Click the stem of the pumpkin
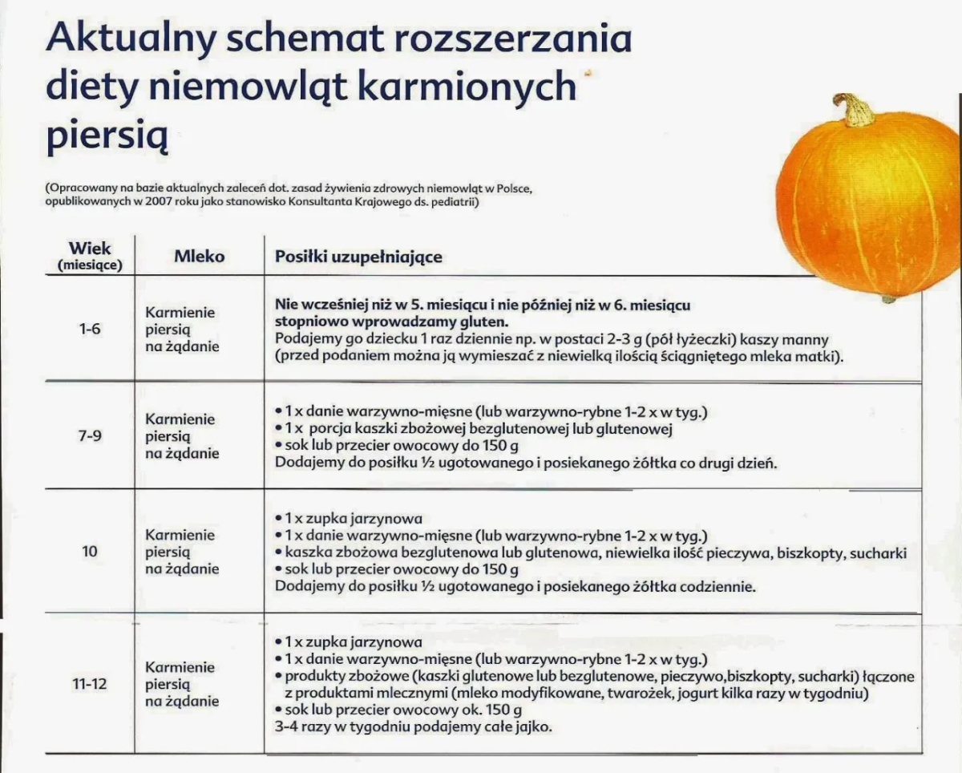855,110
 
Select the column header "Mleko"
199,257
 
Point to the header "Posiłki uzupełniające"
358,257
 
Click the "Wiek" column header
90,249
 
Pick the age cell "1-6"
90,329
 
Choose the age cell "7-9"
90,436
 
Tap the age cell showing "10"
90,552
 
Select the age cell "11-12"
90,685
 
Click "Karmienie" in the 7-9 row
180,419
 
